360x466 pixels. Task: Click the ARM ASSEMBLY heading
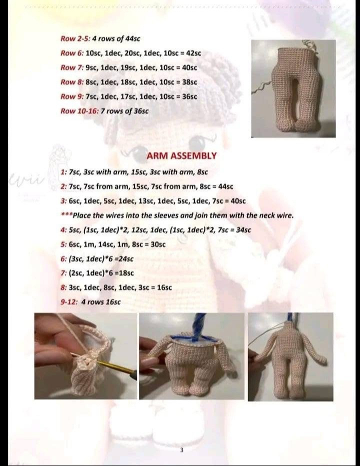(181, 155)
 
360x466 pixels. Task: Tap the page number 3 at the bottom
(181, 450)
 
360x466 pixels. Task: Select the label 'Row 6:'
(72, 53)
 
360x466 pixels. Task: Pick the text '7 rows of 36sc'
(124, 111)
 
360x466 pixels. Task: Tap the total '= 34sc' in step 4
(241, 230)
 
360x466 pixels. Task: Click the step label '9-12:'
(69, 302)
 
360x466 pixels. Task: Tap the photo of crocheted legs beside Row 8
(293, 88)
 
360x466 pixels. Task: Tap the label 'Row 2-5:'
(75, 39)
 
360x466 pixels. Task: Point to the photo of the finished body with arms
(290, 356)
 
